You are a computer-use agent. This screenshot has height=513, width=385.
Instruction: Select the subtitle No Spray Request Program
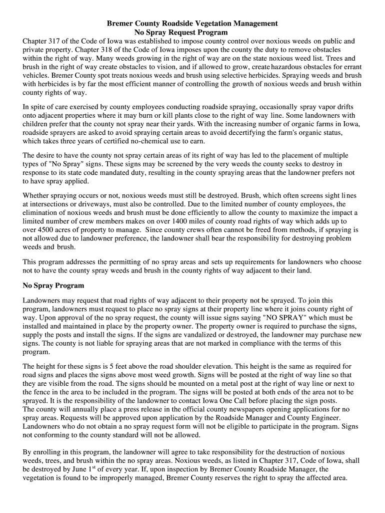[181, 33]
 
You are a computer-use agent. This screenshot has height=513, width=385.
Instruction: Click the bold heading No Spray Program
[53, 286]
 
